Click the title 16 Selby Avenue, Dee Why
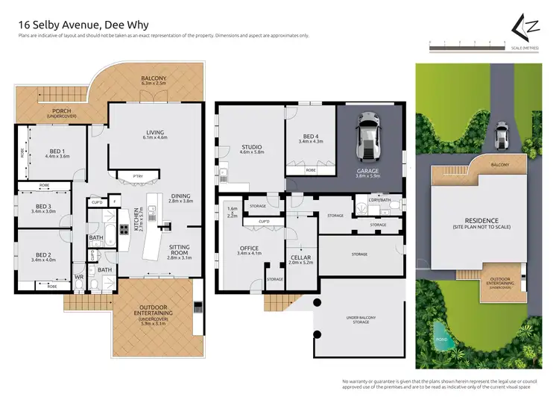pyautogui.click(x=83, y=25)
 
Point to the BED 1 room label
pyautogui.click(x=57, y=153)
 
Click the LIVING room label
pyautogui.click(x=155, y=134)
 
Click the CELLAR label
pyautogui.click(x=300, y=260)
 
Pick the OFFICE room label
pyautogui.click(x=249, y=250)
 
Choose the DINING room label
pyautogui.click(x=180, y=197)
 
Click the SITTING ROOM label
pyautogui.click(x=180, y=249)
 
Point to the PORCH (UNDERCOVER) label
pyautogui.click(x=54, y=113)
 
